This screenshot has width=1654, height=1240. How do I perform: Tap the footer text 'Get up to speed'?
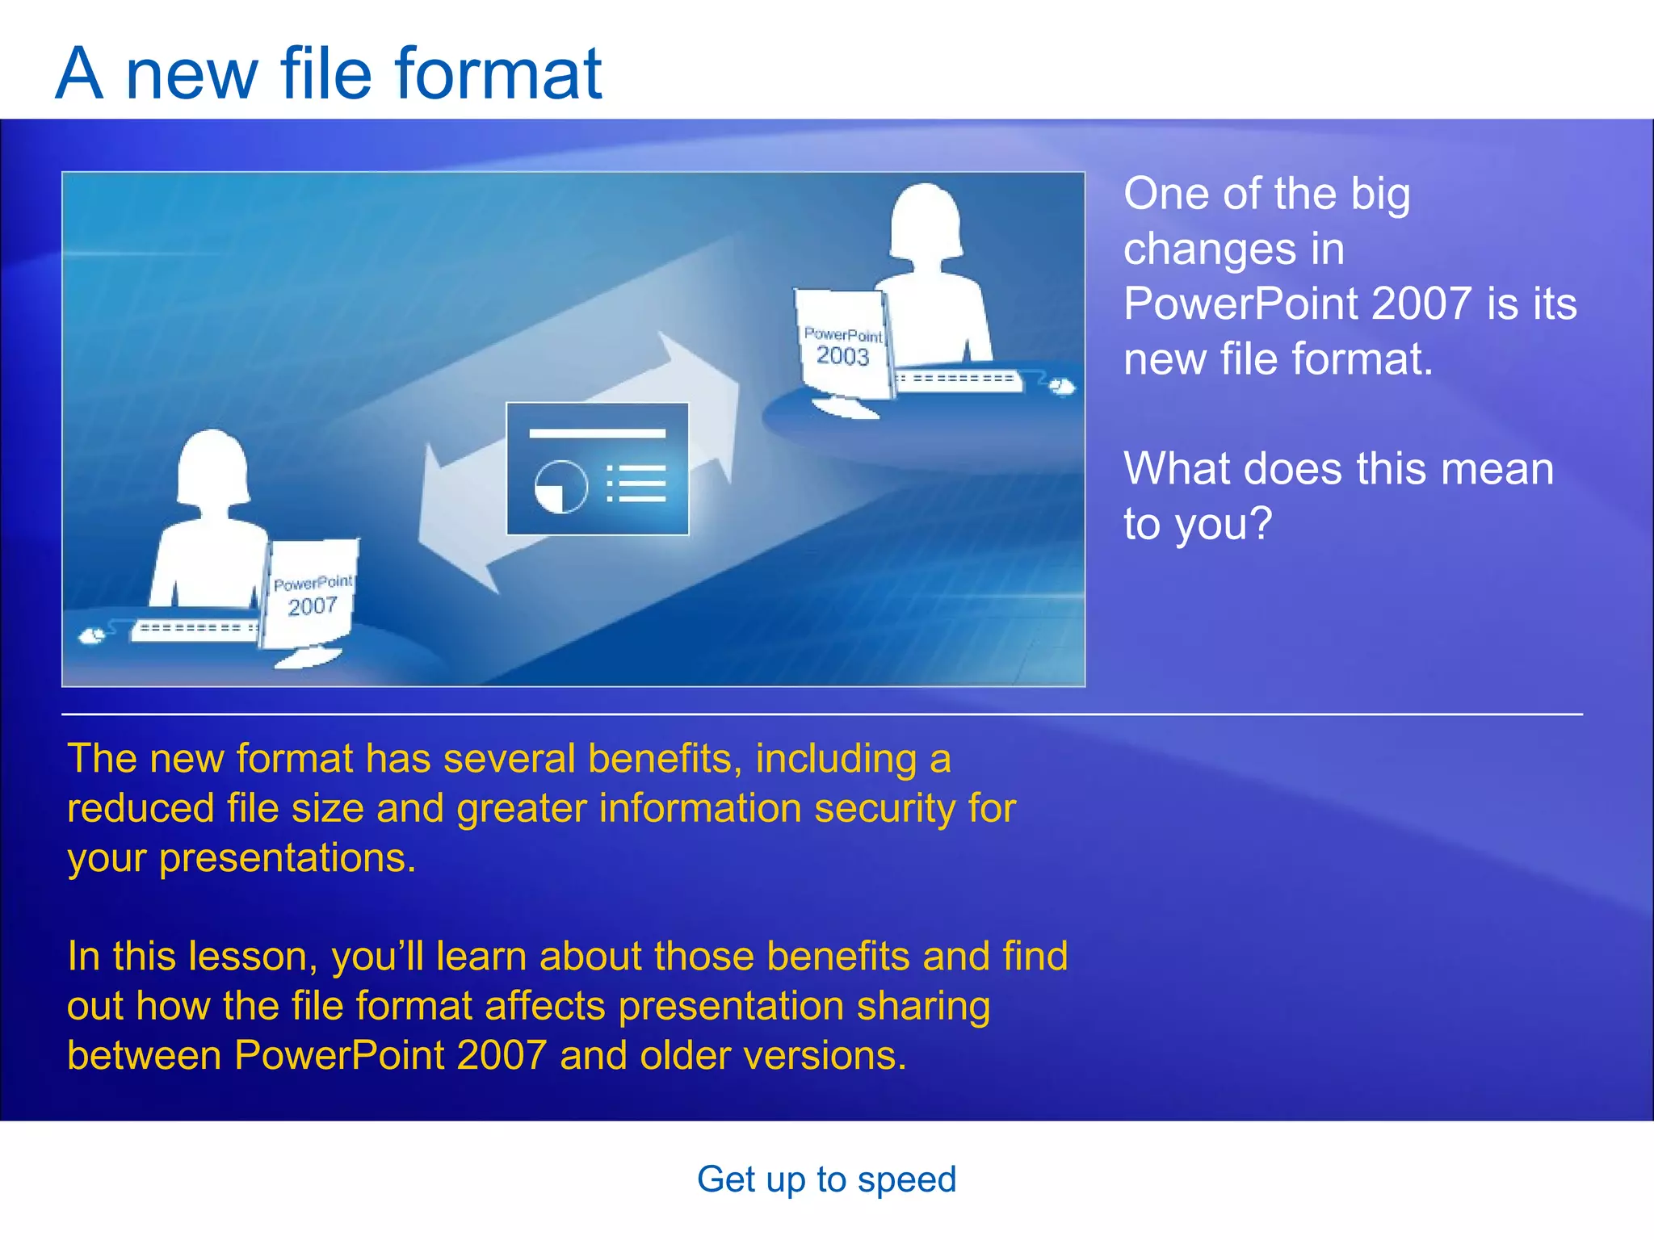coord(826,1179)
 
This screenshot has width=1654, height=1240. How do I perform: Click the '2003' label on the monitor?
coord(842,356)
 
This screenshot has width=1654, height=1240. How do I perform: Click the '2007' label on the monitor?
coord(313,606)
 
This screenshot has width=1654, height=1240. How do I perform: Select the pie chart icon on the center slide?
coord(560,487)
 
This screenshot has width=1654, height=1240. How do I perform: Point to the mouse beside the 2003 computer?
coord(1061,387)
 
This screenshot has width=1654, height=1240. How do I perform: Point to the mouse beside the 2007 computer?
coord(93,635)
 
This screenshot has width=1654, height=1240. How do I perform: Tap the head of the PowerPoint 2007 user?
coord(212,467)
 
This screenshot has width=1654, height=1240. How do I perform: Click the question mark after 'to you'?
coord(1259,523)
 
